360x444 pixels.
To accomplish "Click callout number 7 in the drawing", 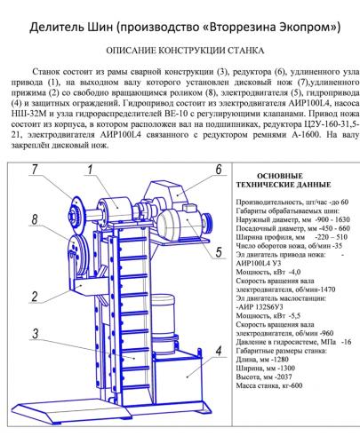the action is tap(35, 170).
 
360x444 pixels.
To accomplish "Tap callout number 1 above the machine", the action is tap(90, 170).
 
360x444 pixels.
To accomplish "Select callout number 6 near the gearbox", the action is tap(219, 170).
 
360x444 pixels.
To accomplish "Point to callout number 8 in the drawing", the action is tap(35, 219).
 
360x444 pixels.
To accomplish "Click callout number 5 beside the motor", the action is tap(219, 252).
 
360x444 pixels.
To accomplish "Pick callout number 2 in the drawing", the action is tap(35, 297).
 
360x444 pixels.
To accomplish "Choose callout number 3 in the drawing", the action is tap(36, 334).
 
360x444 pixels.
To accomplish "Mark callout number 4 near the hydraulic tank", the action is tap(219, 352).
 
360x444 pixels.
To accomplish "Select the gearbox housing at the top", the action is tap(166, 194).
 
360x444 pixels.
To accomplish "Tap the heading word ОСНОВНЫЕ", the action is tap(280, 176).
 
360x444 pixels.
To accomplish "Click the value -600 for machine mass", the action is tap(294, 385).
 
